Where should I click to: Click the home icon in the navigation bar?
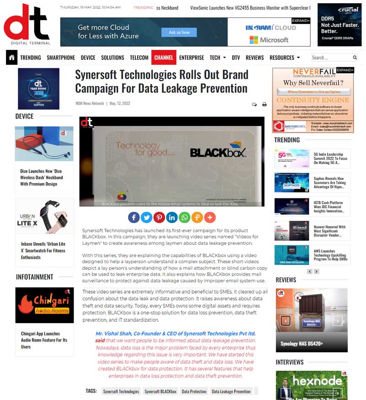11,58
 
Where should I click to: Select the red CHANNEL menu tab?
164,58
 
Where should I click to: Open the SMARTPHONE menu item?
61,58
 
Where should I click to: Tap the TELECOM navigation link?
139,58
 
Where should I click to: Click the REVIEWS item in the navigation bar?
255,58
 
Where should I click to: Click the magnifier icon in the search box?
355,58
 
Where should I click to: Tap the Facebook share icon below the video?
134,217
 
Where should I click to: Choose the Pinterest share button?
159,217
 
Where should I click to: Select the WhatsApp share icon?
185,217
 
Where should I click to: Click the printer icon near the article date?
264,104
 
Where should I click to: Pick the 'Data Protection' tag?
194,391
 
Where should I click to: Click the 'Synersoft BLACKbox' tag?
161,391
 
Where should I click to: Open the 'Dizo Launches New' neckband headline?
42,178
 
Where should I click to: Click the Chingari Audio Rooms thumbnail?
44,305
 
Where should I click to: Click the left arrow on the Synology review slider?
285,321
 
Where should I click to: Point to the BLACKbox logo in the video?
218,151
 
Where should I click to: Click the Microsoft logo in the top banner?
269,40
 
